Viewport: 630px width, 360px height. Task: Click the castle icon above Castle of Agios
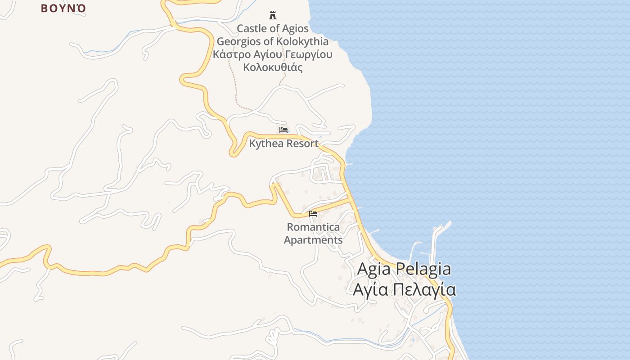273,15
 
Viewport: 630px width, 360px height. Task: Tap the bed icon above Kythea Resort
283,130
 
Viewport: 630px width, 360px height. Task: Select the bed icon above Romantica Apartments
313,213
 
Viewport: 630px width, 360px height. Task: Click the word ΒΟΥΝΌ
63,8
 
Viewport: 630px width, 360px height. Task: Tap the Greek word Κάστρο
230,54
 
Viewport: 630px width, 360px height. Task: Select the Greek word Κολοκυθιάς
273,67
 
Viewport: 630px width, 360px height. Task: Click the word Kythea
265,144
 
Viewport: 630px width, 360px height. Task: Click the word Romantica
313,227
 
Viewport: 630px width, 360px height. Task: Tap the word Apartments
313,240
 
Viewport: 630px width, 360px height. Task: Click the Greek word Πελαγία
424,289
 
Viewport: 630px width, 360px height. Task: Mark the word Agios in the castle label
295,28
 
